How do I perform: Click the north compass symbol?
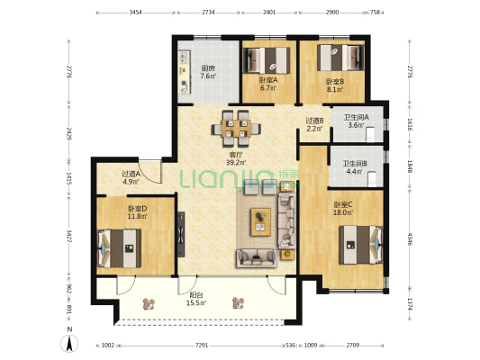69,343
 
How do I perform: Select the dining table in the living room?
236,129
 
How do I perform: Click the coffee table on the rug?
260,222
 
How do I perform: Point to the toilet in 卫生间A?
370,134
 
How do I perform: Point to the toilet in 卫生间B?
372,179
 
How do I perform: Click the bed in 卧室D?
119,248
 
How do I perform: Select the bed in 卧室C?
360,245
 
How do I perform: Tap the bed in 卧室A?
267,60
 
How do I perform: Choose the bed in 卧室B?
340,58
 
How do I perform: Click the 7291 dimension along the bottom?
202,346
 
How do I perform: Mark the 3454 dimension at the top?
135,13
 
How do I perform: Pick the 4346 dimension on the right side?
410,238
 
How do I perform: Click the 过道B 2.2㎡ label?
314,124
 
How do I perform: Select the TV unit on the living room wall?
181,234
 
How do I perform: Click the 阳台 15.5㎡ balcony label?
196,299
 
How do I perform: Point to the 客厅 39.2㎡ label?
236,158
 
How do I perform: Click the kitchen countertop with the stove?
185,72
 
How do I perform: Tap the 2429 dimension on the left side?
68,134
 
